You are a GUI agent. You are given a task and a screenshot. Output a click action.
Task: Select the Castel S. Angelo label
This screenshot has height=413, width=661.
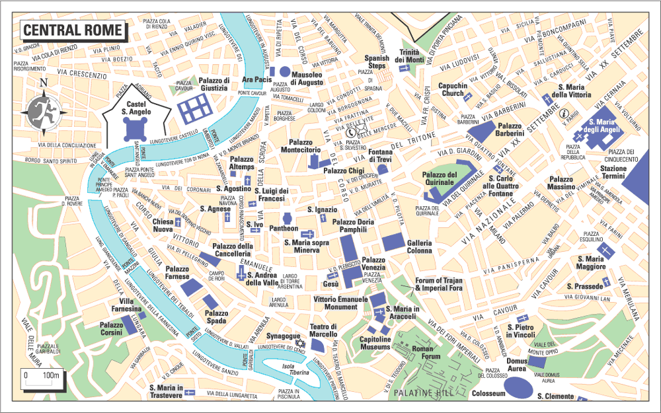point(136,108)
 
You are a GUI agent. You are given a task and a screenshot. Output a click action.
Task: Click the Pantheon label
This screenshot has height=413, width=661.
point(284,228)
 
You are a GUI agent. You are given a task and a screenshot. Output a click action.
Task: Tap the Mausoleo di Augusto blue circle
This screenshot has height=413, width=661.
point(285,71)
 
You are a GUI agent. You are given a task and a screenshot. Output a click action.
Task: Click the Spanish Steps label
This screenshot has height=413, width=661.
point(377,62)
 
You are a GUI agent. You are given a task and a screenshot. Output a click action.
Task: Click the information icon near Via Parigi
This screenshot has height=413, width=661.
point(564,113)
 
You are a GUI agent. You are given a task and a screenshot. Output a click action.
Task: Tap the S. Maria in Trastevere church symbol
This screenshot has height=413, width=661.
point(190,393)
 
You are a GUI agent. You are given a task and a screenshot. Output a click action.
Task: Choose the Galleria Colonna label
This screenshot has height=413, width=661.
point(419,246)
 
